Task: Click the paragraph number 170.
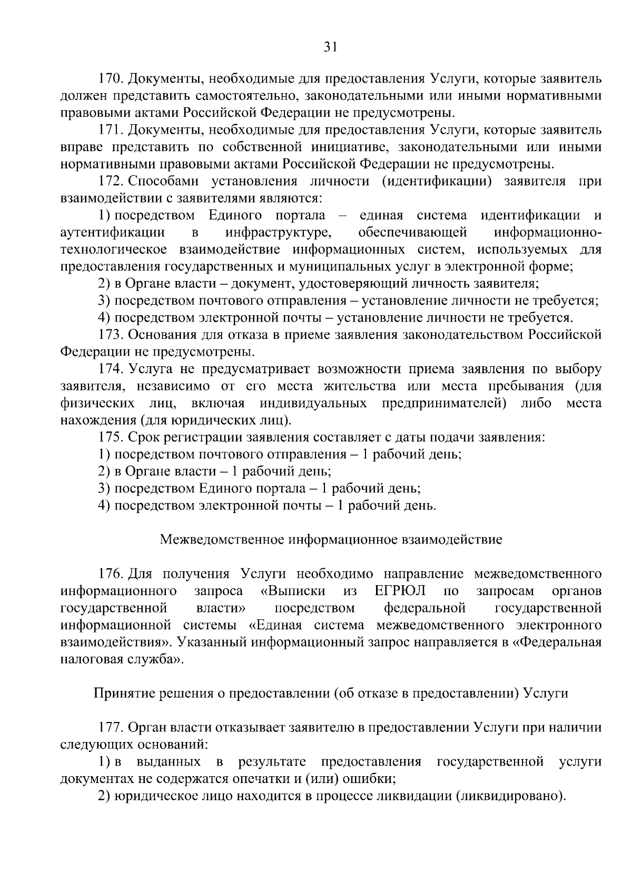pos(111,79)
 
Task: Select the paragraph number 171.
pos(111,131)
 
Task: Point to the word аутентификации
pos(112,233)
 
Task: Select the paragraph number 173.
pos(111,335)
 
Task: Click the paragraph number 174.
pos(111,369)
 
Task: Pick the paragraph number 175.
pos(111,437)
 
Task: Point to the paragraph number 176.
pos(111,574)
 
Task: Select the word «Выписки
pos(293,591)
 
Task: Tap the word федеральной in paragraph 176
pos(424,608)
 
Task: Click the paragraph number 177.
pos(111,728)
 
